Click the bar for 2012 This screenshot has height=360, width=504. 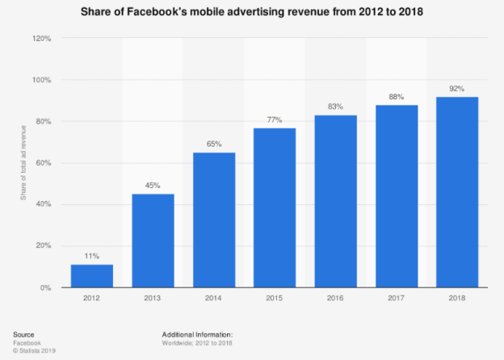92,275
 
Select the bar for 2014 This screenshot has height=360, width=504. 214,220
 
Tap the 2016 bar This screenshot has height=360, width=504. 336,201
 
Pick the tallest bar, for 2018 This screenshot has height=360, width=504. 457,192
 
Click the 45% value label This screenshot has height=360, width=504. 153,186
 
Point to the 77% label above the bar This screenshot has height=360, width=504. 275,119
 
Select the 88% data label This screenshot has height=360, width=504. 397,97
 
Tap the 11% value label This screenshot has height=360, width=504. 92,256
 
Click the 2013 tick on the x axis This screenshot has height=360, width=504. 153,298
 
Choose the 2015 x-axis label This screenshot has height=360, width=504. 275,298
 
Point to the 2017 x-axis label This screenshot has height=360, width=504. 397,298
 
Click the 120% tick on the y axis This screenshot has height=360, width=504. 43,38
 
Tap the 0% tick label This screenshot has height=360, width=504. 47,287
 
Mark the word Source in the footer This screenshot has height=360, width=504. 25,333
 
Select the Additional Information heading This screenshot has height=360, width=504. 196,333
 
